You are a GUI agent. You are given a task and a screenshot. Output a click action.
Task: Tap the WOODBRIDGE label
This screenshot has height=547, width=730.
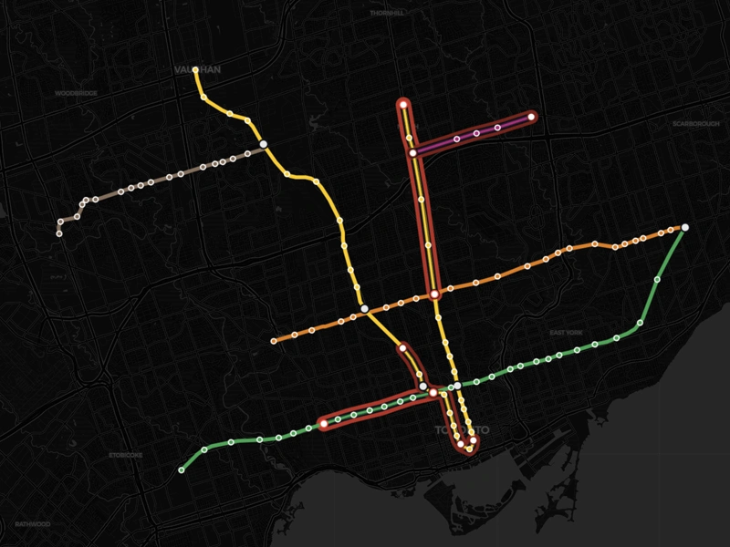75,93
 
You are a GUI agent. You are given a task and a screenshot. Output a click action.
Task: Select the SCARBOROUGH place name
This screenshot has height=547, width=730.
695,123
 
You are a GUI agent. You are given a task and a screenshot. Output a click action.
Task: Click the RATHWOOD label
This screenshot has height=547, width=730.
33,524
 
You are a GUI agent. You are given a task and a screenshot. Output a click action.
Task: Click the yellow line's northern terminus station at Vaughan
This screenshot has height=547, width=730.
196,69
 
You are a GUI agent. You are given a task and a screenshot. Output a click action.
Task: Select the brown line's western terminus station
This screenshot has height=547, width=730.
59,233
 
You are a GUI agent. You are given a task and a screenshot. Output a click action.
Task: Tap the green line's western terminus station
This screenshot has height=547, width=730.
182,470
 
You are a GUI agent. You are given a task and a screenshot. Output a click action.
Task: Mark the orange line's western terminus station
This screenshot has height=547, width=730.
274,342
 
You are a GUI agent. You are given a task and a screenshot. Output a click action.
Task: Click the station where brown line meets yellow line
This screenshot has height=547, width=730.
263,144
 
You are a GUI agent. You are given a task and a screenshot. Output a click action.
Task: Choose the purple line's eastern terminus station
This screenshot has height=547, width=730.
531,117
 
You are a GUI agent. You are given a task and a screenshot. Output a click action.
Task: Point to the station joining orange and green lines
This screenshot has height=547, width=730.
684,227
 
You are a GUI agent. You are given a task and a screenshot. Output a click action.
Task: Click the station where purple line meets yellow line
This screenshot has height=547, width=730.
413,152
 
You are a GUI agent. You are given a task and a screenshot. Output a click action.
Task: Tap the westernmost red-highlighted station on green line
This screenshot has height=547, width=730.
323,422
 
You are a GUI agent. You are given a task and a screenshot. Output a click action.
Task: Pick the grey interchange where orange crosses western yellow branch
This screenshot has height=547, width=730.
364,310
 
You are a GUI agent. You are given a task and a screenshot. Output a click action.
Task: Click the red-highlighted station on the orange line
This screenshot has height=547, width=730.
435,294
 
